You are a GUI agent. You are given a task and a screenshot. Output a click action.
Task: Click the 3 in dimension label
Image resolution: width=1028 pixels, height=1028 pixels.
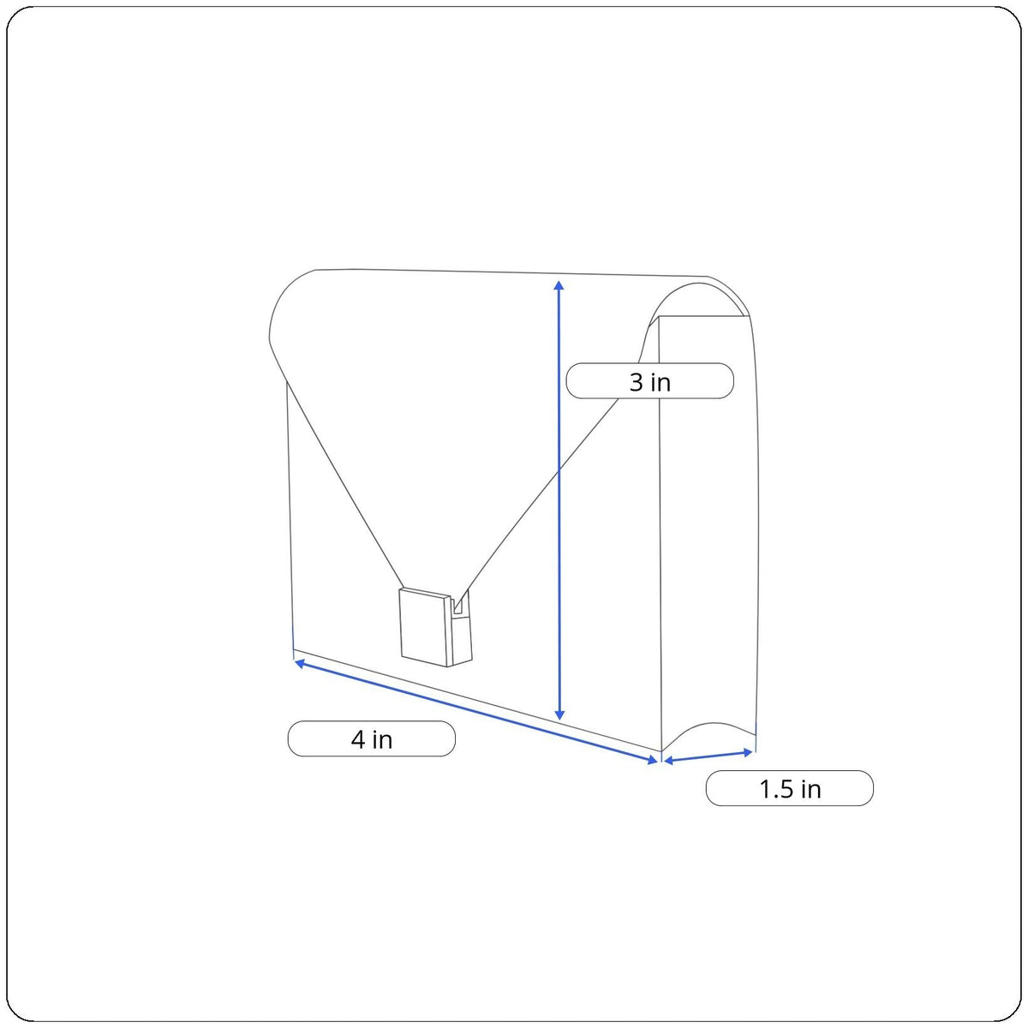click(649, 381)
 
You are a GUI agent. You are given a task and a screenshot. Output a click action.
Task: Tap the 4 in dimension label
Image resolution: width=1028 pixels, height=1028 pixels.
click(371, 738)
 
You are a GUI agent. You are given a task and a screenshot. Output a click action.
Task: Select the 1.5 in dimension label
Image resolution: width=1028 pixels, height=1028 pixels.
click(790, 788)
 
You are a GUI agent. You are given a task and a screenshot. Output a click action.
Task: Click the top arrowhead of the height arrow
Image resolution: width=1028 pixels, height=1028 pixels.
click(559, 285)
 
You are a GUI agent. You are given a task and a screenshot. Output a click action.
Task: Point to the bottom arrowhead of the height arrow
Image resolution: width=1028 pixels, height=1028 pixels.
click(559, 714)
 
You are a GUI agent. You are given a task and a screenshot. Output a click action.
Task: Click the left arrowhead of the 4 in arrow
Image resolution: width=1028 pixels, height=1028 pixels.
click(299, 663)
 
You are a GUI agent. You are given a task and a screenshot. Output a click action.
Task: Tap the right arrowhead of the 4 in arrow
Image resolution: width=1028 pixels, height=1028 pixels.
click(653, 760)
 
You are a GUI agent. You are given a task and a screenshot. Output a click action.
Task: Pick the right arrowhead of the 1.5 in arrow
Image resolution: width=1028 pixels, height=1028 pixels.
click(748, 752)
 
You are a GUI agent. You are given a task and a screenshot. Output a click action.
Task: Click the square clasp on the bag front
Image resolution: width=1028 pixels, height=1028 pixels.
click(425, 626)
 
